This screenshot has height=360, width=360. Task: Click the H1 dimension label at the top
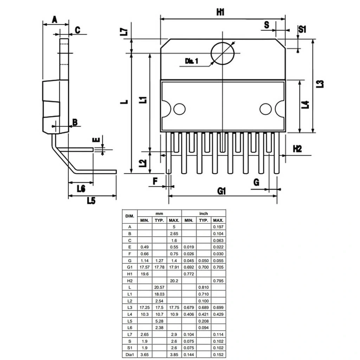click(220, 12)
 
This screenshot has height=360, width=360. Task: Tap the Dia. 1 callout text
click(192, 61)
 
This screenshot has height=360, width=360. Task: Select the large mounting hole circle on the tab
click(223, 53)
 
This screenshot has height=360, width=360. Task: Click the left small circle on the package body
click(179, 109)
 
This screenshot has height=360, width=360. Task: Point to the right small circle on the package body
click(265, 109)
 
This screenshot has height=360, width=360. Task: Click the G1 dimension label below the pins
click(221, 191)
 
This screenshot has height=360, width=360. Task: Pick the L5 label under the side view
click(91, 201)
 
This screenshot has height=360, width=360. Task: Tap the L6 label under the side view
click(81, 188)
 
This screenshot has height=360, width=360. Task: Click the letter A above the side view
click(54, 20)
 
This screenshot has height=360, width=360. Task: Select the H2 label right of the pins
click(297, 149)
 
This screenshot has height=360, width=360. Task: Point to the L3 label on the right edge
click(320, 84)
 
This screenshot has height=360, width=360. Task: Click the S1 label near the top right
click(302, 29)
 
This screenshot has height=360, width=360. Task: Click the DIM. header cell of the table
click(130, 216)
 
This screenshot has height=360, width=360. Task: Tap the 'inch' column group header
click(204, 213)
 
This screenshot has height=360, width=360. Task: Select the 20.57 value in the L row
click(159, 287)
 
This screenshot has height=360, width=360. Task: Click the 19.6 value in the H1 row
click(144, 274)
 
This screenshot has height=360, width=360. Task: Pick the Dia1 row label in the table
click(130, 355)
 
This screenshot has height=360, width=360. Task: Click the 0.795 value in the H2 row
click(218, 281)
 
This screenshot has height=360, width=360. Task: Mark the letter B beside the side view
click(75, 122)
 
